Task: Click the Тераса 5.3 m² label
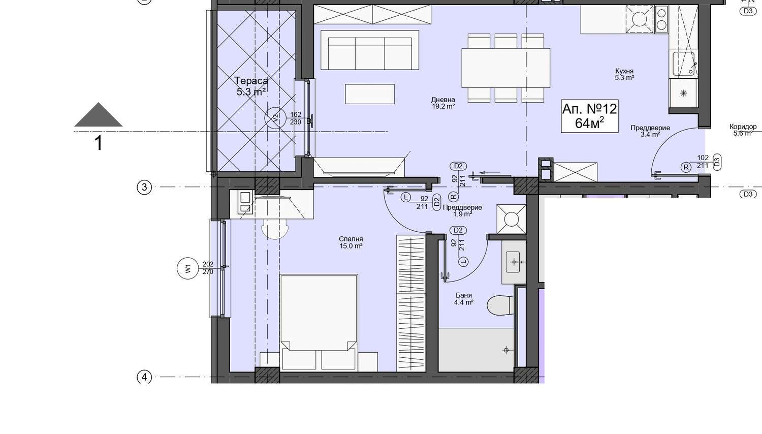pos(251,86)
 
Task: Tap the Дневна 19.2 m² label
pos(443,103)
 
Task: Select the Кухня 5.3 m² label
pos(624,74)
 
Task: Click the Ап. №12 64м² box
pos(589,116)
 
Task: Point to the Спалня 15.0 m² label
pos(351,242)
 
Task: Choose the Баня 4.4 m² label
pos(463,298)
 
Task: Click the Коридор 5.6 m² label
pos(743,130)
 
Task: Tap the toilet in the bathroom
pos(500,305)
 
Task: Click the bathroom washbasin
pos(513,262)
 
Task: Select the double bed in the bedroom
pos(319,322)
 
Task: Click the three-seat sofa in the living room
pos(370,50)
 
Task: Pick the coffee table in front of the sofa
pos(370,94)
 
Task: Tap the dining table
pos(506,68)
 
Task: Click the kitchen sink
pos(684,64)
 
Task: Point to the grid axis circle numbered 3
pos(144,187)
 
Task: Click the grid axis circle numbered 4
pos(144,377)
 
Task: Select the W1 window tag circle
pos(187,268)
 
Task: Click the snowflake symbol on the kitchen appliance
pos(683,93)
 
